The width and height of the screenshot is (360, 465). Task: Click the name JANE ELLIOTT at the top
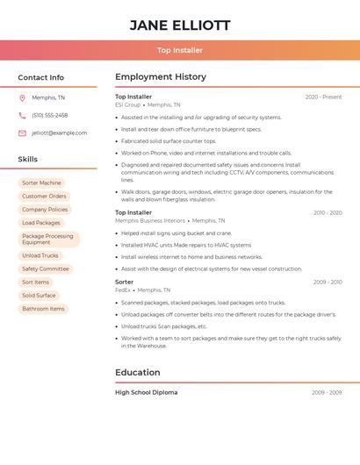point(180,25)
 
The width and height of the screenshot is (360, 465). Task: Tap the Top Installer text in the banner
point(180,50)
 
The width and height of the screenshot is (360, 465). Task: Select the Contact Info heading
point(41,77)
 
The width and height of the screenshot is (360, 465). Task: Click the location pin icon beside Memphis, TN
point(22,98)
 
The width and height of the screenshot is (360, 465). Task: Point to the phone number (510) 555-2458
point(50,115)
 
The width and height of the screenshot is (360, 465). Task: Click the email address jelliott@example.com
point(60,132)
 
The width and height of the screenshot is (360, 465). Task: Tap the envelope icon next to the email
point(22,133)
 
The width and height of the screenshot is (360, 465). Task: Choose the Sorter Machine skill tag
point(41,183)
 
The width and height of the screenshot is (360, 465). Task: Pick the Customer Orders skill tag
point(44,197)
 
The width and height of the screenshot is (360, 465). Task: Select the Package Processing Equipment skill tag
point(48,239)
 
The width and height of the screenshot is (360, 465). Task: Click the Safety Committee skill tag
point(45,268)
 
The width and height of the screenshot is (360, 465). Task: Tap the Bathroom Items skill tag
point(43,309)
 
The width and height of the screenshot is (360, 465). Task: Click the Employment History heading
point(161,77)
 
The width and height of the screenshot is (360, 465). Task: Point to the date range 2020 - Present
point(323,97)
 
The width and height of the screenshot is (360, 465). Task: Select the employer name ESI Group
point(127,104)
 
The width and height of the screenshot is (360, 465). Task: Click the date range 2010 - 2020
point(327,212)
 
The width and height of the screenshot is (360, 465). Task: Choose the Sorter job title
point(125,282)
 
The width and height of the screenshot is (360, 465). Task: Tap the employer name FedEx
point(122,290)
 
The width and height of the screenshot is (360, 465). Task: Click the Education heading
point(137,372)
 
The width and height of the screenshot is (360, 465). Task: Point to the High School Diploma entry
point(146,392)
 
